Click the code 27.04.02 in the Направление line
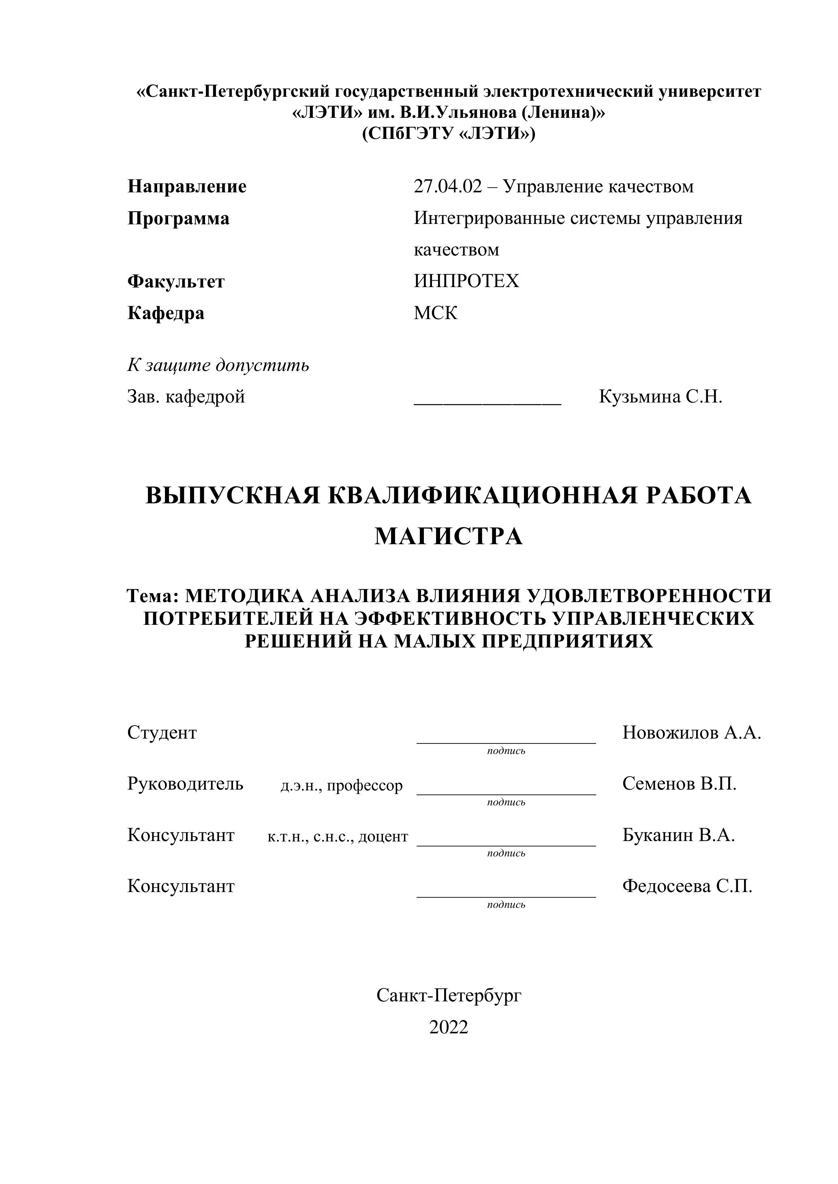click(447, 187)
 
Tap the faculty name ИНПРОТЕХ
click(466, 281)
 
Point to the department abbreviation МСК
click(436, 313)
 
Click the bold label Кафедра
click(166, 313)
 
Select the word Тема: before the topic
click(153, 596)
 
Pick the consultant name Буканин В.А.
click(678, 835)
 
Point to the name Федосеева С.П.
click(687, 886)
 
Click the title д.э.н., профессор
click(341, 786)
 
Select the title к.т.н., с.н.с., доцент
click(338, 837)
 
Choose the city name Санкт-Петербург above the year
click(449, 995)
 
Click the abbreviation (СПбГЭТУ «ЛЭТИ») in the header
click(449, 134)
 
